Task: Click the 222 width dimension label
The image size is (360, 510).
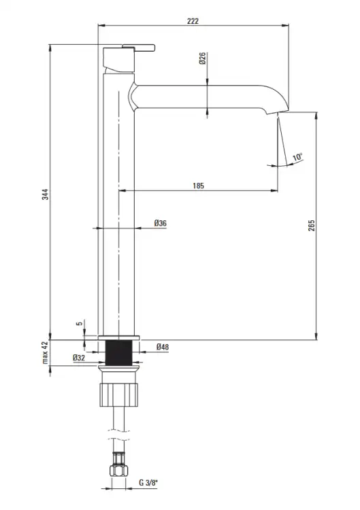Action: click(x=193, y=21)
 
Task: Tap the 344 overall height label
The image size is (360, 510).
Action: click(x=45, y=194)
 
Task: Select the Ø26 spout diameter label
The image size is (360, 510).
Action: click(x=203, y=58)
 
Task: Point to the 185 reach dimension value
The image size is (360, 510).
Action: click(x=198, y=186)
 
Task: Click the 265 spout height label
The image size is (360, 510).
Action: click(x=312, y=225)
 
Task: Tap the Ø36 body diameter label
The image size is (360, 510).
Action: click(x=160, y=223)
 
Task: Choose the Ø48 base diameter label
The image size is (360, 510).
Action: click(x=163, y=347)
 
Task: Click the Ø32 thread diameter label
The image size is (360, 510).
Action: click(x=79, y=358)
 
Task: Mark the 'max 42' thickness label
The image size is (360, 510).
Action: click(x=45, y=352)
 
